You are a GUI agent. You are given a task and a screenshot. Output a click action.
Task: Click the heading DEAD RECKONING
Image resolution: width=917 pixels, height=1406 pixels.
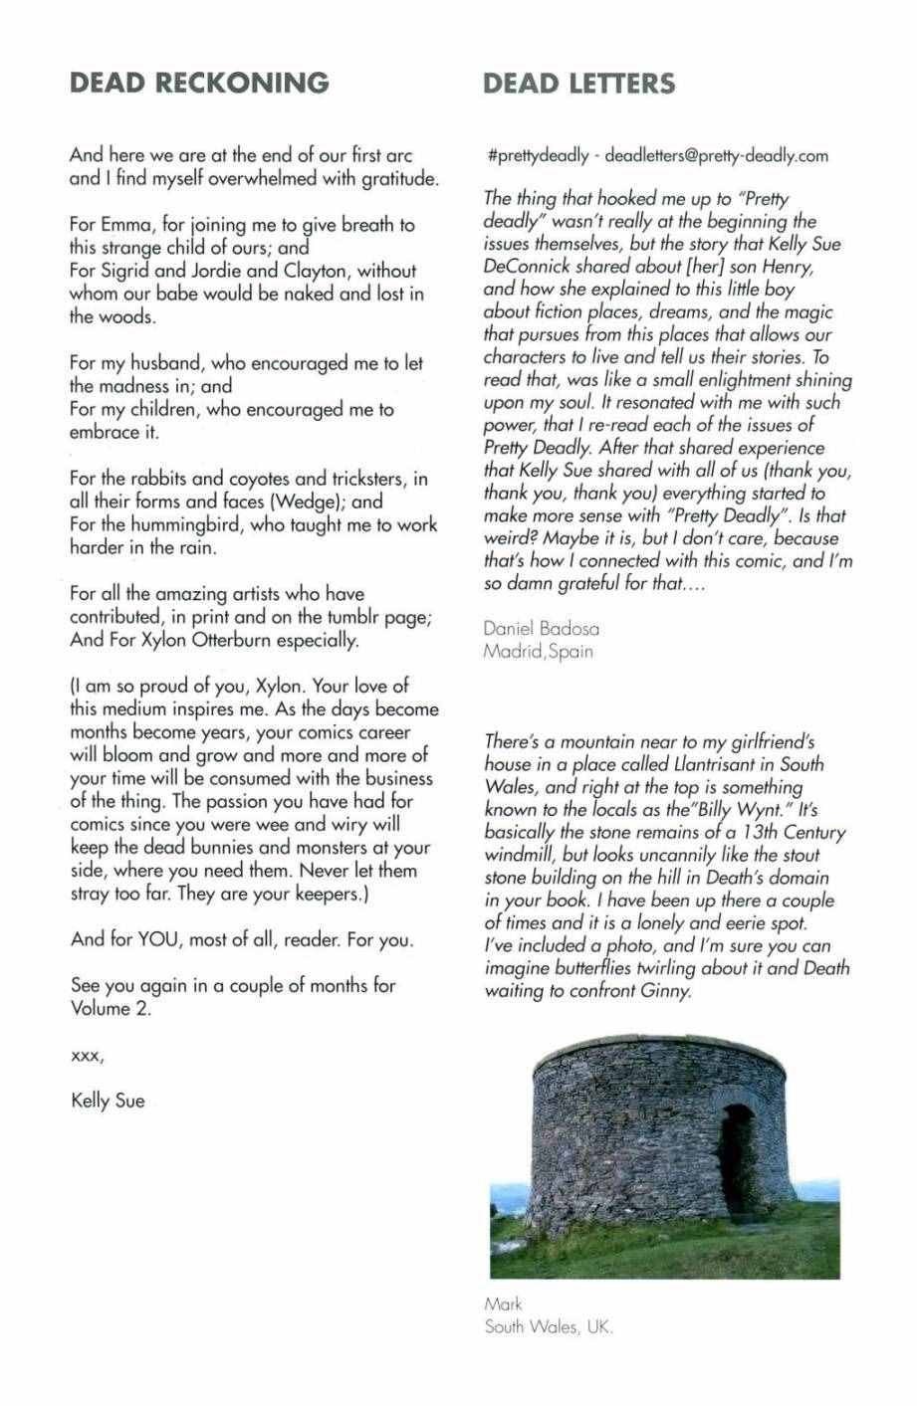(x=199, y=84)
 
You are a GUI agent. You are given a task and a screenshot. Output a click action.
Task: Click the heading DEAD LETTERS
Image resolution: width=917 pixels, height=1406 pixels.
(x=578, y=84)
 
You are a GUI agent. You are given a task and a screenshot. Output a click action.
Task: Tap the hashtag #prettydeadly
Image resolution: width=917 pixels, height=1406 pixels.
(x=538, y=156)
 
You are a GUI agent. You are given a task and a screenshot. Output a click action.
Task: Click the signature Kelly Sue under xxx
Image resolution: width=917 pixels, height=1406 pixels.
(x=108, y=1101)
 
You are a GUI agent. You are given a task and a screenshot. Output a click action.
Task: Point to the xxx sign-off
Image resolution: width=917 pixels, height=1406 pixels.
(x=87, y=1056)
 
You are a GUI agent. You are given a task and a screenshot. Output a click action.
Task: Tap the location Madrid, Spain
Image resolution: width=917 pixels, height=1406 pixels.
(x=538, y=652)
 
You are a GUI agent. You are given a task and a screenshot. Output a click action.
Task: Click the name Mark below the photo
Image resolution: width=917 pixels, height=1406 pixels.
(x=503, y=1304)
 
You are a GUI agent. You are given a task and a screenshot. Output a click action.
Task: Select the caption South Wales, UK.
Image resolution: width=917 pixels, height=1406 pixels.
(x=549, y=1326)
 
